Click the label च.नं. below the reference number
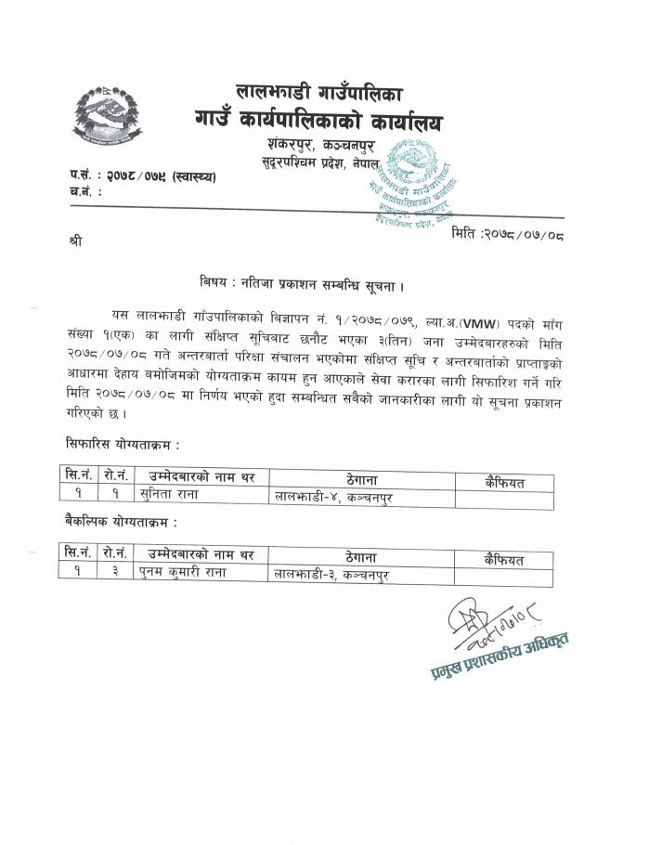pyautogui.click(x=84, y=191)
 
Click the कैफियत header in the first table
pyautogui.click(x=504, y=481)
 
